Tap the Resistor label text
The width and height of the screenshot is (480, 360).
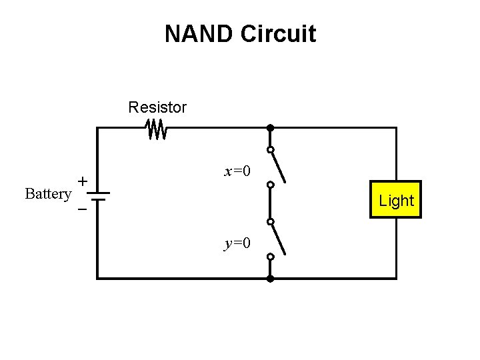(x=158, y=107)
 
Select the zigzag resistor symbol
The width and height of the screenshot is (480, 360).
(x=157, y=129)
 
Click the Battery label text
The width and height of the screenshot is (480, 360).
(x=48, y=194)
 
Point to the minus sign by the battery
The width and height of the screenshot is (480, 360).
(x=82, y=209)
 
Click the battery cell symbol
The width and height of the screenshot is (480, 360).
(x=97, y=196)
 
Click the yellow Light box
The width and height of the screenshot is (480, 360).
(x=396, y=200)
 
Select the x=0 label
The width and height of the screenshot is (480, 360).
(x=237, y=171)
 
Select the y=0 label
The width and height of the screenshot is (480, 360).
(x=237, y=243)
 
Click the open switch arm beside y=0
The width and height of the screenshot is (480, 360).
(x=279, y=238)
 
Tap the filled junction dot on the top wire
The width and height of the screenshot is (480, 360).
(x=270, y=127)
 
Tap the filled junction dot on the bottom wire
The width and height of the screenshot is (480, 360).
(x=270, y=278)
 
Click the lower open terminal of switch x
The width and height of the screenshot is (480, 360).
(x=270, y=185)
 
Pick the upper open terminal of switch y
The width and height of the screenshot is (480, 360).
(x=270, y=221)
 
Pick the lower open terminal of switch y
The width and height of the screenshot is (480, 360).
(x=270, y=257)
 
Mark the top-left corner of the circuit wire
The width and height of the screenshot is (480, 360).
(x=98, y=128)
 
